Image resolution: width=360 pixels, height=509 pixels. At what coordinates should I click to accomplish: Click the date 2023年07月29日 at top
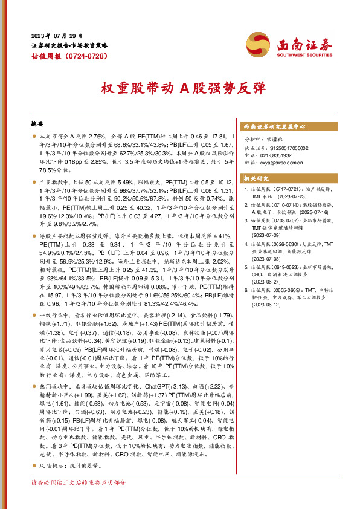56,36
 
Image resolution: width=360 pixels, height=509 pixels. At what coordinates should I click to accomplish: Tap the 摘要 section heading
38,123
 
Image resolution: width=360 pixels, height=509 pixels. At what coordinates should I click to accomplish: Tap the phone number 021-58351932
276,155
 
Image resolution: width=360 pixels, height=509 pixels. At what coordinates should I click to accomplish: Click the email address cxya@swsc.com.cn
281,162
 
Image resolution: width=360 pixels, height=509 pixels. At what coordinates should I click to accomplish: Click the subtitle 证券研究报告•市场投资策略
69,45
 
